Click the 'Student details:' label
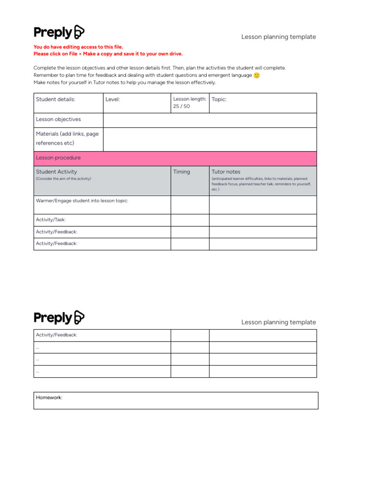[x=55, y=99]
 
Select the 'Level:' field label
[x=112, y=99]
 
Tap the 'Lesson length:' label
[x=190, y=99]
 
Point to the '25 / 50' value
[x=181, y=106]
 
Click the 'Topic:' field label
[x=219, y=99]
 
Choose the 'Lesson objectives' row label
[x=58, y=119]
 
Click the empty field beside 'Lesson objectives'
[x=209, y=120]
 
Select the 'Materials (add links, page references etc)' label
[x=67, y=138]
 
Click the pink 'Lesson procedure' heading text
[x=58, y=158]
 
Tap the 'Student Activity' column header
[x=56, y=172]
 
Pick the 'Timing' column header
[x=181, y=172]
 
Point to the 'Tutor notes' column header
[x=226, y=172]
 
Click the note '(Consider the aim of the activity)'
[x=63, y=179]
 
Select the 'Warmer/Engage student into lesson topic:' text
[x=82, y=200]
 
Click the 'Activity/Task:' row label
[x=50, y=220]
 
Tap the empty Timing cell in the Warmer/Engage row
[x=190, y=205]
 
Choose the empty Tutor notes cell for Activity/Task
[x=263, y=220]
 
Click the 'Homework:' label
[x=49, y=397]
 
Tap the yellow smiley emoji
[x=257, y=75]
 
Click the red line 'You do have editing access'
[x=78, y=47]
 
